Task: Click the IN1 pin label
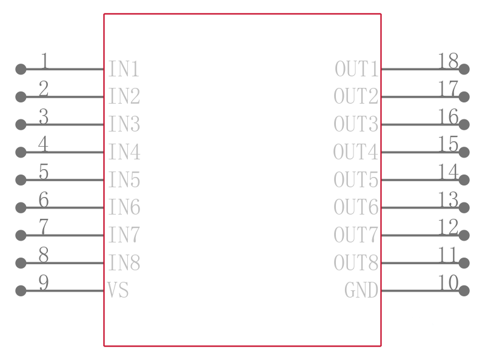124,69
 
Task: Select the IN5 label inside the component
124,179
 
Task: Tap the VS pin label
118,290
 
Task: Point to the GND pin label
361,290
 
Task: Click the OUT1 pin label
356,69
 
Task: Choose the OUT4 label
356,152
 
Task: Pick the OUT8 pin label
356,262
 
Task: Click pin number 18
448,61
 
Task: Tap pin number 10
448,282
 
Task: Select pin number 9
44,282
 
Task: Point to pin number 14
448,172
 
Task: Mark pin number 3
44,116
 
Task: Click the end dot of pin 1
21,69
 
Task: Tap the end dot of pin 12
464,235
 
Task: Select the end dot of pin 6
21,207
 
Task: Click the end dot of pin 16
464,124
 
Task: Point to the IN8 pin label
124,262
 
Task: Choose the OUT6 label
356,207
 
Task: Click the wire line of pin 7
62,235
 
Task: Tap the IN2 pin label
124,96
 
